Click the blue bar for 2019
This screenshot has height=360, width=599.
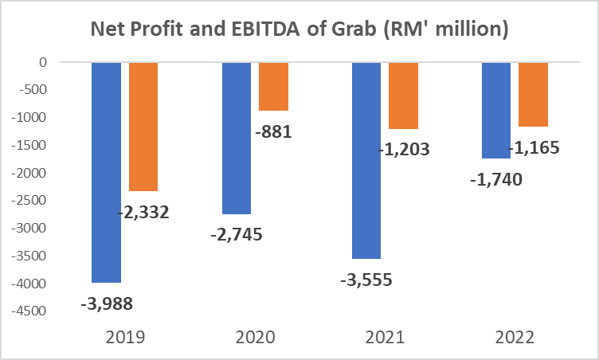(x=106, y=171)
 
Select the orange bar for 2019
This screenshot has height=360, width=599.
(x=143, y=126)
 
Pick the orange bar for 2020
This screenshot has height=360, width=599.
(x=273, y=86)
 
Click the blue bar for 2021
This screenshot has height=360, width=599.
(x=366, y=159)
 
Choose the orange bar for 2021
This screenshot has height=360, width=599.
(x=403, y=95)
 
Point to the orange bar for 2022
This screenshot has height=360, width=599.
(x=533, y=94)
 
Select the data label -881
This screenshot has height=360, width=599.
(x=274, y=131)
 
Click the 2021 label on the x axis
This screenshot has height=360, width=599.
(x=385, y=337)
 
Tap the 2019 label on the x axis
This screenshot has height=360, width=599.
(x=125, y=337)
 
